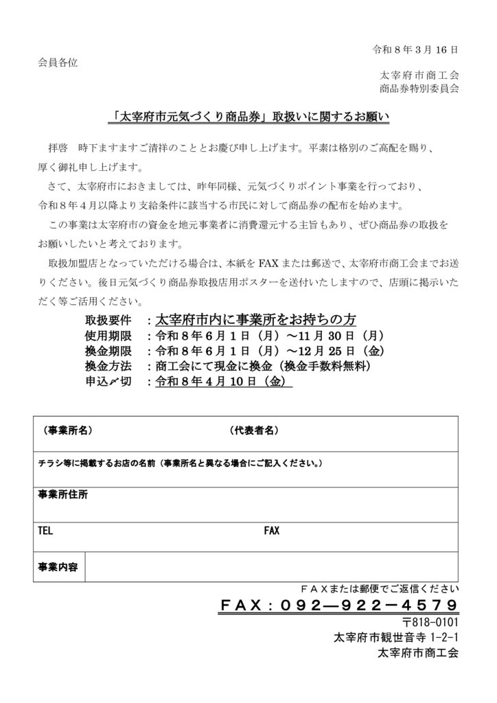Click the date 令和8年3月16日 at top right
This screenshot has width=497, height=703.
tap(415, 50)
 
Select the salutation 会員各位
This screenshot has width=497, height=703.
tap(57, 62)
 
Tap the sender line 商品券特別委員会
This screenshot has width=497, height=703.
tap(419, 89)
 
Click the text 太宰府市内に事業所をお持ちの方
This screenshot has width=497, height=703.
tap(256, 320)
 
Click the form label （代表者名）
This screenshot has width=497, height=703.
tap(253, 430)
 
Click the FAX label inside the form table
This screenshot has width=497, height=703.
tap(272, 531)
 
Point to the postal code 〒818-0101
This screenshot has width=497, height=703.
tap(432, 623)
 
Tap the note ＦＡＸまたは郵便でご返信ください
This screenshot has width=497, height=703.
tap(380, 589)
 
